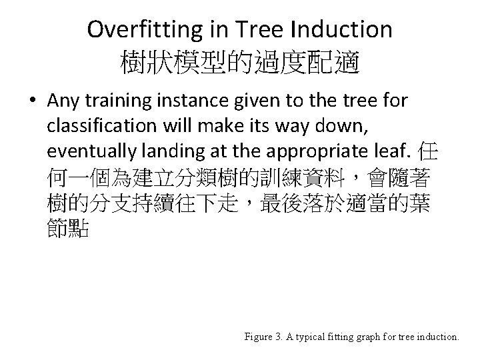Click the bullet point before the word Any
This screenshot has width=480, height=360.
coord(33,101)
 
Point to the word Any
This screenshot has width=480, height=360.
coord(64,101)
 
